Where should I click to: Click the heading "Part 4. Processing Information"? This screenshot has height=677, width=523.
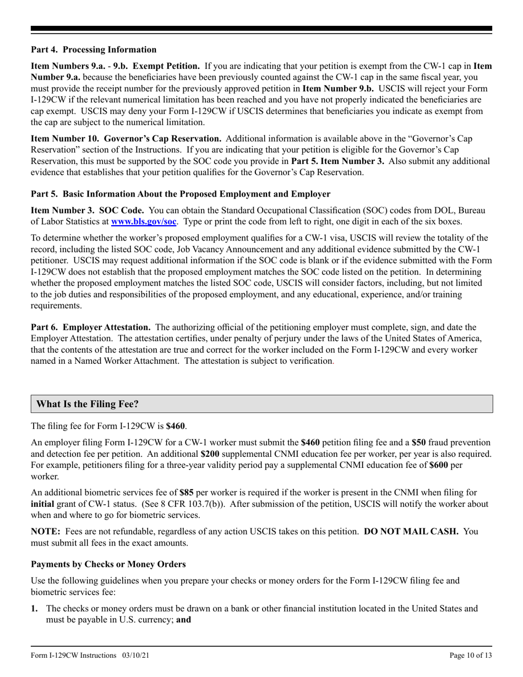tap(94, 50)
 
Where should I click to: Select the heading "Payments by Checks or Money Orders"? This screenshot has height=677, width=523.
tap(108, 564)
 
